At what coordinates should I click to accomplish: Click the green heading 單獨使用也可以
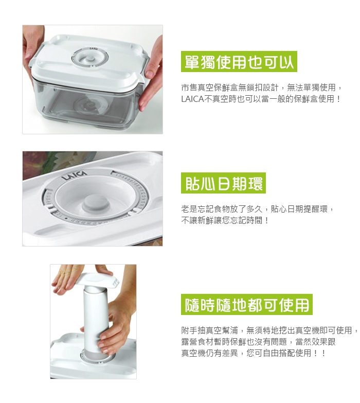(239, 61)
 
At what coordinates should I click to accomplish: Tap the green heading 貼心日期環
(223, 183)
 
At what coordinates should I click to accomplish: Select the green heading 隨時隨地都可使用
(246, 305)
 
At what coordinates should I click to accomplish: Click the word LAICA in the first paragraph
(192, 99)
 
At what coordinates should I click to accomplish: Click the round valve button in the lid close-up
(96, 202)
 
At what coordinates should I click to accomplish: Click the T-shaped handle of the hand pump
(98, 279)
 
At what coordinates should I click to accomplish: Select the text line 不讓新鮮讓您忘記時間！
(225, 220)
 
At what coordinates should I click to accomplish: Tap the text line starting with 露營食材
(258, 342)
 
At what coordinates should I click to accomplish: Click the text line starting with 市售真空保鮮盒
(262, 87)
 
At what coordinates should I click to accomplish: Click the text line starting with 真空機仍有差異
(253, 353)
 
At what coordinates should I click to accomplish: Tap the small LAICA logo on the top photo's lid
(93, 48)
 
